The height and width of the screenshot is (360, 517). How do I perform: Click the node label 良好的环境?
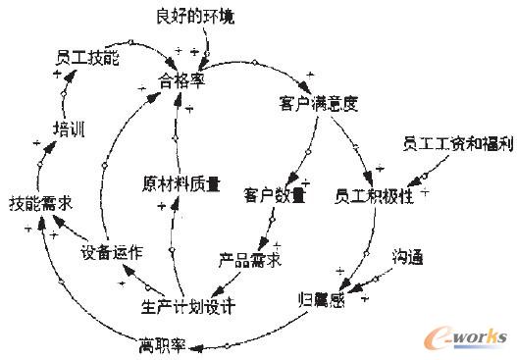tap(196, 17)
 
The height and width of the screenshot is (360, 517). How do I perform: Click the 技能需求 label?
tap(42, 204)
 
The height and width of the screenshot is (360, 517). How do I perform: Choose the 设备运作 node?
tap(111, 252)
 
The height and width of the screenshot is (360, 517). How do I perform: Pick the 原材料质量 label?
tap(181, 183)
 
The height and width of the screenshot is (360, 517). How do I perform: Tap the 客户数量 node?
tap(275, 195)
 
